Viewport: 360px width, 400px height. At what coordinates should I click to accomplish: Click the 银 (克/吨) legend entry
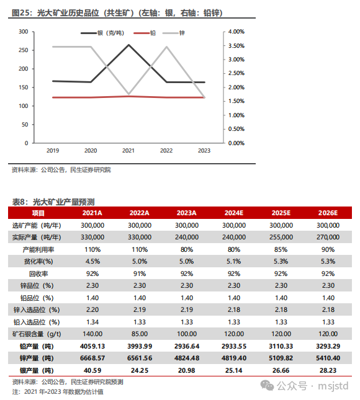point(102,33)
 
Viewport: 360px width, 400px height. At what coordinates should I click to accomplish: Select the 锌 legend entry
point(174,33)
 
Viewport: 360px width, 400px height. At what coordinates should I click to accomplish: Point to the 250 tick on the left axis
point(23,50)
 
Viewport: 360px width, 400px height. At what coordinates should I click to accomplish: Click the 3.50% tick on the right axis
point(236,46)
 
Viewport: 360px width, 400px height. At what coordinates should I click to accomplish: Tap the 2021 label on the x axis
point(128,151)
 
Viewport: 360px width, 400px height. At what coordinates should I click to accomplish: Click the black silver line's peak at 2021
point(128,45)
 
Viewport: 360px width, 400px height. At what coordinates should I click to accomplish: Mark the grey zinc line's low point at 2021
point(128,94)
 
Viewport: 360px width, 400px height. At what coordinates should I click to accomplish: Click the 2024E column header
point(234,213)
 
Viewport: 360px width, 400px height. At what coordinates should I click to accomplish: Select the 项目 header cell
point(38,213)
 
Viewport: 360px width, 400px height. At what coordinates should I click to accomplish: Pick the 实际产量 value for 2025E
point(281,238)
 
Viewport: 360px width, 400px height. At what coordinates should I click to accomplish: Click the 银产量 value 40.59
point(92,370)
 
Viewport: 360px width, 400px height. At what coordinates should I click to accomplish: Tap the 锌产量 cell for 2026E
point(328,358)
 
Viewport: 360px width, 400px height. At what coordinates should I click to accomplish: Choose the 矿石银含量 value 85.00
point(140,334)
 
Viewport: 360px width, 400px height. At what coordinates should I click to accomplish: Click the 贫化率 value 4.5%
point(92,262)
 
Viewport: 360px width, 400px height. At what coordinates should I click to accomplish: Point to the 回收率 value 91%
point(140,273)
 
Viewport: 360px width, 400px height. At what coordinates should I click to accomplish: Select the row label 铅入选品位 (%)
point(37,322)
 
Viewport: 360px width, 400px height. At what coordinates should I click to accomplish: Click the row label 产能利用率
point(38,249)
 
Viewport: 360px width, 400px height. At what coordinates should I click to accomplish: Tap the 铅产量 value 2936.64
point(187,346)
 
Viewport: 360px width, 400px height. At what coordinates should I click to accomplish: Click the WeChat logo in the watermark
point(267,386)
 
